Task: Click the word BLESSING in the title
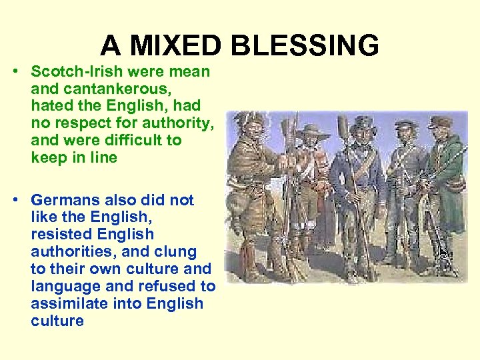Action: coord(305,46)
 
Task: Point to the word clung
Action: coord(176,252)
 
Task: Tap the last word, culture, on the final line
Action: coord(57,321)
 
